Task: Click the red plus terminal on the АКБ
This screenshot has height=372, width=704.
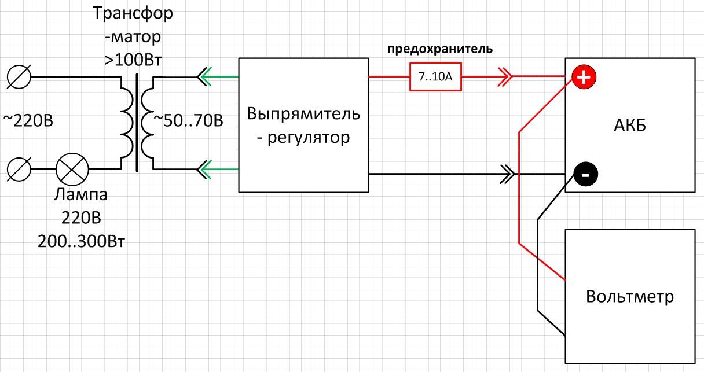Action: (584, 77)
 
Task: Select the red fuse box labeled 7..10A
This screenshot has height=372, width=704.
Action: (435, 76)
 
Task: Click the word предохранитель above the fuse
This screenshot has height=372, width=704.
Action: (440, 49)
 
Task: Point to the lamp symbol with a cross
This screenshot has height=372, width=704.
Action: (72, 170)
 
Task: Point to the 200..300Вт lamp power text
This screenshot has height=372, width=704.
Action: (81, 241)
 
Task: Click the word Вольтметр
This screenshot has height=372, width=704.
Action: (630, 297)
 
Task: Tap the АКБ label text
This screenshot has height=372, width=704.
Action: (629, 124)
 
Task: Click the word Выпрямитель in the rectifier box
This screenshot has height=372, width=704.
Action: (303, 113)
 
